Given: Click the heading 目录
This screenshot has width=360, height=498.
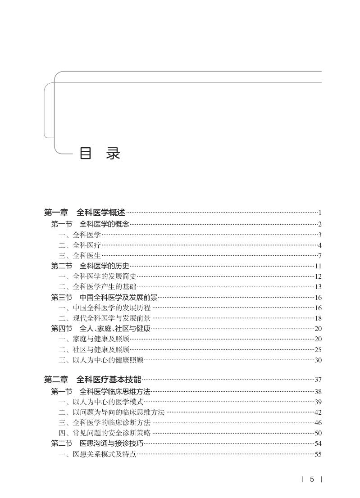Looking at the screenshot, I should [100, 154].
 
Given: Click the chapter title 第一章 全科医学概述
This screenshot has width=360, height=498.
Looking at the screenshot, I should [85, 213].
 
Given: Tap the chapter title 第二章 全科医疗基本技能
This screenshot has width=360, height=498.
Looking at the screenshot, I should [92, 380].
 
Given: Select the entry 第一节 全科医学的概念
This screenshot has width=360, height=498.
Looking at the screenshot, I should [90, 224].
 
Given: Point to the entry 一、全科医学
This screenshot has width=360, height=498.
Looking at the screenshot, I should [80, 235].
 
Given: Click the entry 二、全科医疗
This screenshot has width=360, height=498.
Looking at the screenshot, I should [80, 245].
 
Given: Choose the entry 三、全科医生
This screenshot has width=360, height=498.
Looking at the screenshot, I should [80, 256].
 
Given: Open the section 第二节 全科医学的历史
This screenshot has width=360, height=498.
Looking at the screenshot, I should [90, 266].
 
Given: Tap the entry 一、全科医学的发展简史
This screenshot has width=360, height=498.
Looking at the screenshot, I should [97, 276].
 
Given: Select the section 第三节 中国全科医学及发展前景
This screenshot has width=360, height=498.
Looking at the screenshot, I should [104, 298].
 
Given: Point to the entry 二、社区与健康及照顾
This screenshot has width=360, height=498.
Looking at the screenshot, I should [94, 349].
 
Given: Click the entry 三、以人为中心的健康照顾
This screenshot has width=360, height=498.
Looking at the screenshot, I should [101, 360].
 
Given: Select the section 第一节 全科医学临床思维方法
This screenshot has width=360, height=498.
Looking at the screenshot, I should [100, 392].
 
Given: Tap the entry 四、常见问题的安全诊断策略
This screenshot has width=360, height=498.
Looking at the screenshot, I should [105, 433].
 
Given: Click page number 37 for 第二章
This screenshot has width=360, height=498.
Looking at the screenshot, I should [318, 380].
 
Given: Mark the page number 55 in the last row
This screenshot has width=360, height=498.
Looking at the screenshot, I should [318, 454].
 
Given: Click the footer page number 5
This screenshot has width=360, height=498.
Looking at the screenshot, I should [312, 480].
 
